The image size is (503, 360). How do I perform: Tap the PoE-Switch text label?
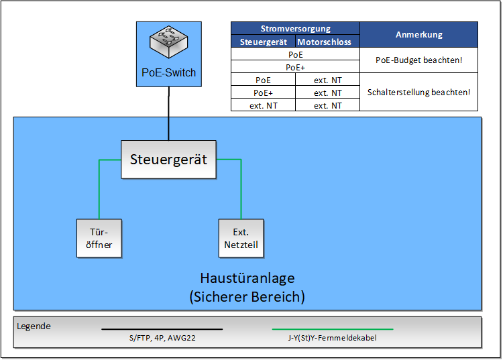pyautogui.click(x=168, y=72)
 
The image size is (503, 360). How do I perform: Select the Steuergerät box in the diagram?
pyautogui.click(x=168, y=160)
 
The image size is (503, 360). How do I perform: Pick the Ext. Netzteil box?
pyautogui.click(x=241, y=239)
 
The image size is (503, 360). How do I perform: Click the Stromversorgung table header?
pyautogui.click(x=295, y=29)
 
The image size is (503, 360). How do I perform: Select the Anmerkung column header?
pyautogui.click(x=418, y=35)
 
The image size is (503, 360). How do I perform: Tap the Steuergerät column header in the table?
pyautogui.click(x=263, y=42)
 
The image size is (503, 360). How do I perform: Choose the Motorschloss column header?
pyautogui.click(x=327, y=42)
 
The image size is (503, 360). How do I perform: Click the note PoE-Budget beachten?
pyautogui.click(x=418, y=60)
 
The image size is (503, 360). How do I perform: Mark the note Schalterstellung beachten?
pyautogui.click(x=418, y=93)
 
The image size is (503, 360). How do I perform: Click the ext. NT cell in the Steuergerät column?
pyautogui.click(x=263, y=105)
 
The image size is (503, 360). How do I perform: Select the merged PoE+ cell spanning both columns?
pyautogui.click(x=295, y=67)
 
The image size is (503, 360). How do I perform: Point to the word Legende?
pyautogui.click(x=34, y=326)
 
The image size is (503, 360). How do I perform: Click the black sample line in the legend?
pyautogui.click(x=162, y=329)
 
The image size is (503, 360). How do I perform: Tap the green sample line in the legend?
pyautogui.click(x=332, y=329)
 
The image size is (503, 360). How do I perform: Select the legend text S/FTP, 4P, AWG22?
pyautogui.click(x=162, y=338)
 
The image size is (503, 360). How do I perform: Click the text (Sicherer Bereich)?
pyautogui.click(x=247, y=296)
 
